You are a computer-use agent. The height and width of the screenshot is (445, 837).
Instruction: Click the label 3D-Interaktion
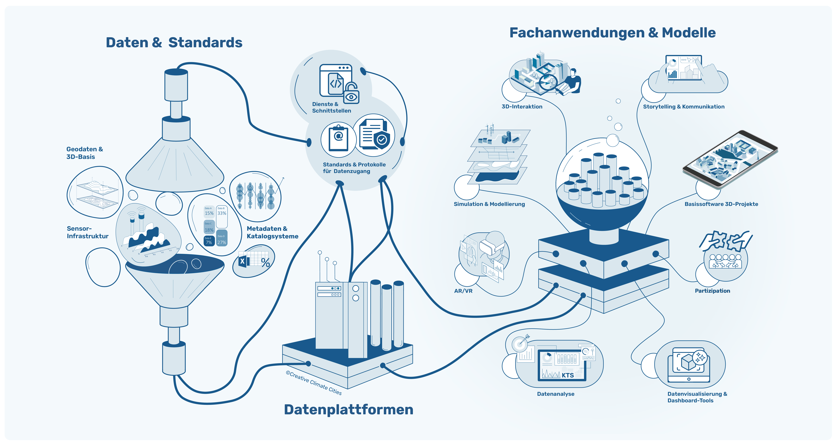(x=522, y=107)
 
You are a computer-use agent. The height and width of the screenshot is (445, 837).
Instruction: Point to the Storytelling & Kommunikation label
(x=684, y=107)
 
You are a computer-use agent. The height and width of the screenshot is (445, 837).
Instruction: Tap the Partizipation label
(x=712, y=291)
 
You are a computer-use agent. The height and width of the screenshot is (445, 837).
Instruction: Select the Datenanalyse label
(x=556, y=394)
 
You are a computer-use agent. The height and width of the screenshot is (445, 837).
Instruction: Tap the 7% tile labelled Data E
(x=209, y=241)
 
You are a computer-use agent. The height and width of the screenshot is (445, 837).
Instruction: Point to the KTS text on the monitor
(x=568, y=375)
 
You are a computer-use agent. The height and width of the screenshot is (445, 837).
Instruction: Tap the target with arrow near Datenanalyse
(x=521, y=342)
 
